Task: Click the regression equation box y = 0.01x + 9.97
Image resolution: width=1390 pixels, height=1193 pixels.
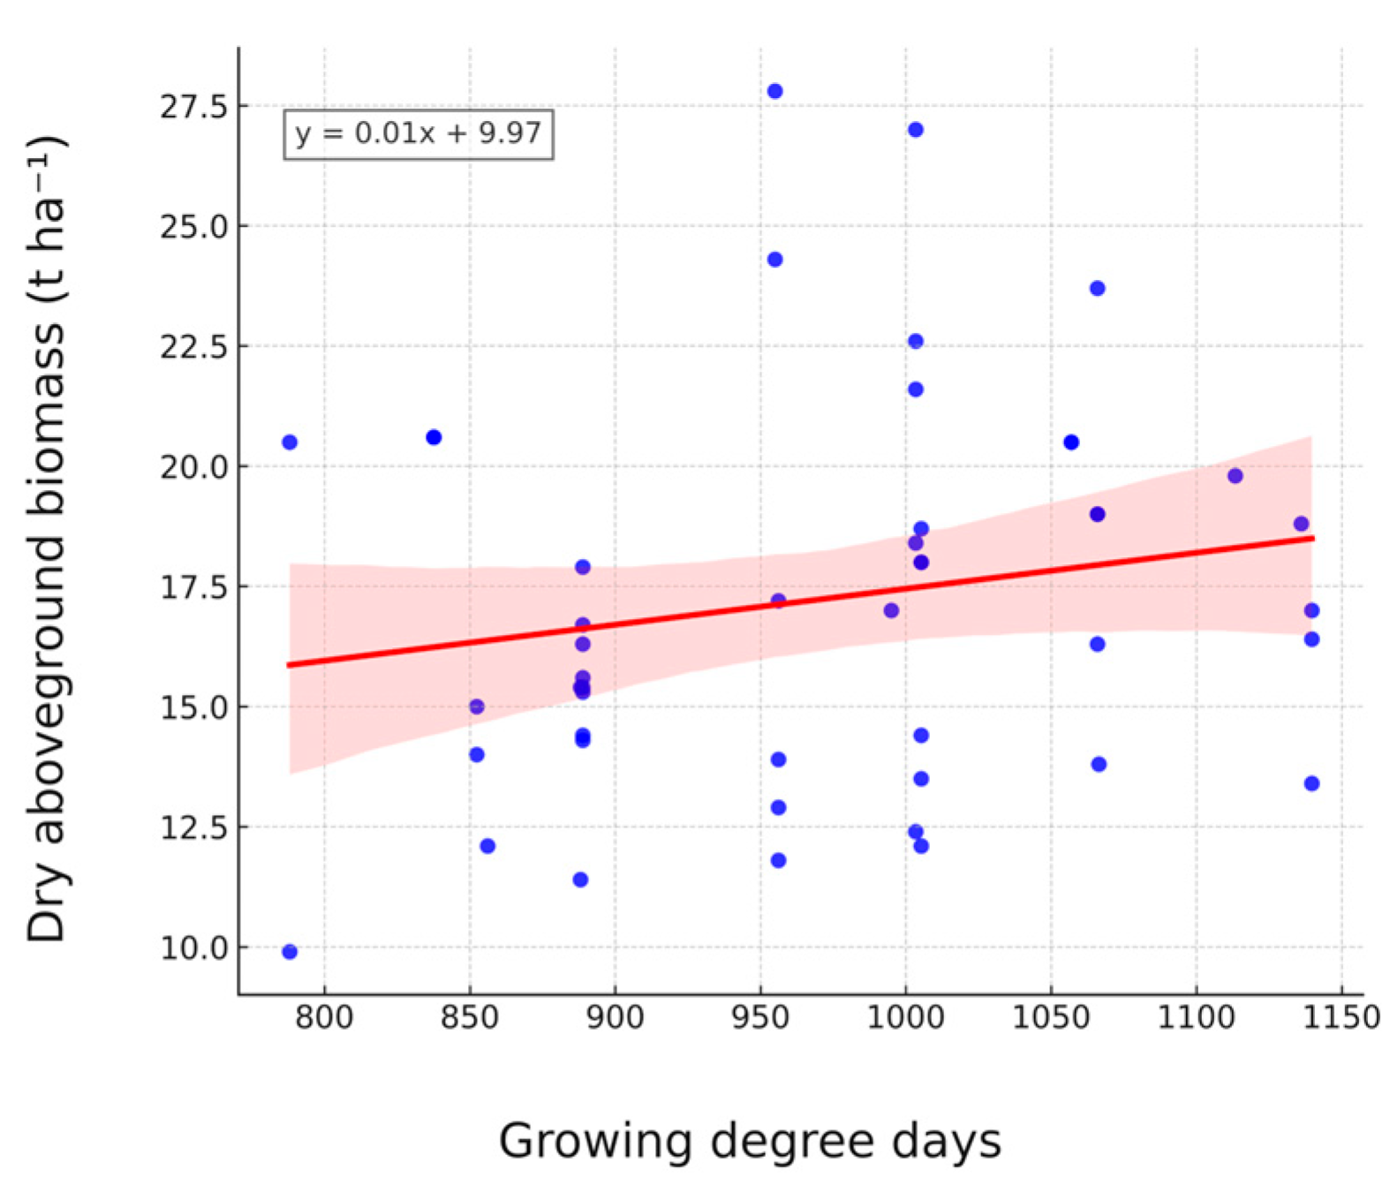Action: pos(419,134)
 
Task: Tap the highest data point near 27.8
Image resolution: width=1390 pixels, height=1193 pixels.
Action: pos(774,91)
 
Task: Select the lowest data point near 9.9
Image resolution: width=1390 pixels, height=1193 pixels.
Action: pos(290,952)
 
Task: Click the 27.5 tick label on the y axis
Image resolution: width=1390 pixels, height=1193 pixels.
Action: pos(193,107)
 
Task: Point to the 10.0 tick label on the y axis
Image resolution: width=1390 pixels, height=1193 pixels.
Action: pos(193,948)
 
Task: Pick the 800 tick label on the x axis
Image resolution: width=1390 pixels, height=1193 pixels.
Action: pos(324,1018)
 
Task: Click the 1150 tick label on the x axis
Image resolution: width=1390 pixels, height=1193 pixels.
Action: pos(1341,1018)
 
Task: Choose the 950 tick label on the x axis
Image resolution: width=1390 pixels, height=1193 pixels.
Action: pos(760,1018)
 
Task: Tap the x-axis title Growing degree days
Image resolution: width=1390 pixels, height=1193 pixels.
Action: pos(750,1140)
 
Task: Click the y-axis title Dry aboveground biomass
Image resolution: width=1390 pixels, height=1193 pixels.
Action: pos(46,539)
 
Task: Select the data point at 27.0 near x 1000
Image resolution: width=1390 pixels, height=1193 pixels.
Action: pos(916,130)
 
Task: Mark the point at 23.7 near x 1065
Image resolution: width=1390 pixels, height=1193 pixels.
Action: pos(1098,289)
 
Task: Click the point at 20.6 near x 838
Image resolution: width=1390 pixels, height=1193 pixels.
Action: pos(434,437)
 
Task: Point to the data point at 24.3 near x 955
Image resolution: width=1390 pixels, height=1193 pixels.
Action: pos(774,260)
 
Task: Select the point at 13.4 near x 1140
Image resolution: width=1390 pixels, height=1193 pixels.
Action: pos(1311,783)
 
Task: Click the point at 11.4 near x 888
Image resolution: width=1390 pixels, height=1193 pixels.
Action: pos(580,880)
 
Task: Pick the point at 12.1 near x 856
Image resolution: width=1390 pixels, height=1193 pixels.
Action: pos(487,846)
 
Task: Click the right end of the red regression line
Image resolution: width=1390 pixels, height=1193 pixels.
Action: pos(1313,538)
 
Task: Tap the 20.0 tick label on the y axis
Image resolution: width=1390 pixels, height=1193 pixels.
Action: pos(193,467)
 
